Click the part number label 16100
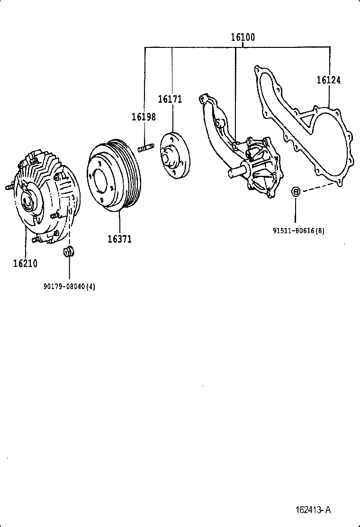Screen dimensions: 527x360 243,37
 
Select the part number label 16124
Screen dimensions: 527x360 328,80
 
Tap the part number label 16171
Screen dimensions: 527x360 170,99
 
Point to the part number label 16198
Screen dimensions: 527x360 144,117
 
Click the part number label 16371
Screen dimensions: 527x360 119,239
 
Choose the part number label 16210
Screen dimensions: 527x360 25,263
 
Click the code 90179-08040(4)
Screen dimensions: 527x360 69,286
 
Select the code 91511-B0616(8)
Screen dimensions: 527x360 298,231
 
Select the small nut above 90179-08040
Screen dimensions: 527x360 69,251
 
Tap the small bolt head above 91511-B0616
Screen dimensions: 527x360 295,191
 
